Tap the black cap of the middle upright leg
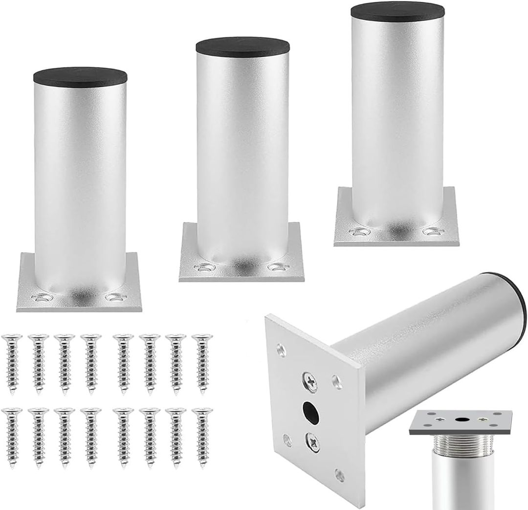click(x=242, y=44)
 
